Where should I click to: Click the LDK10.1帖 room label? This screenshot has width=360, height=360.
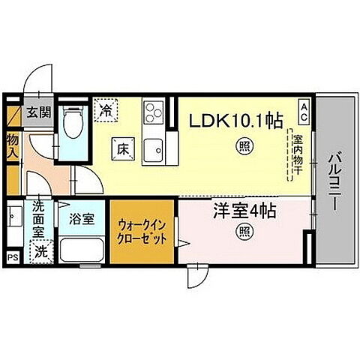229,118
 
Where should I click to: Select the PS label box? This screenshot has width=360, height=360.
11,257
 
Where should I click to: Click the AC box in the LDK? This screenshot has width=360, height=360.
304,112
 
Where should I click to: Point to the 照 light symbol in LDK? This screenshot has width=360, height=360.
244,147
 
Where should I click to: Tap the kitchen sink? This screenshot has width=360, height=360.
155,149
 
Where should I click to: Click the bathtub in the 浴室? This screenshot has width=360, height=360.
82,250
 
